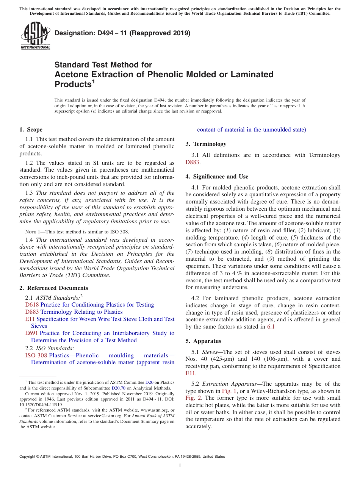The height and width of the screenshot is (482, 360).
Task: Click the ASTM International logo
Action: tap(35, 36)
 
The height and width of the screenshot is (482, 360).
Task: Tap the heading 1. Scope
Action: tap(31, 130)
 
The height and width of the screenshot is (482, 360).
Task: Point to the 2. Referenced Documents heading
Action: tap(54, 288)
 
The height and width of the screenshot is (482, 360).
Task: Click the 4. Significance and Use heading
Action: tap(217, 177)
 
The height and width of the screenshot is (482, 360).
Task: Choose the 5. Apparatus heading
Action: tap(203, 341)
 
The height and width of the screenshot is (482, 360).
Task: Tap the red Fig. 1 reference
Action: tap(230, 391)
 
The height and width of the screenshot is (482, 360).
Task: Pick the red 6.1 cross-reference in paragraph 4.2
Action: tap(271, 327)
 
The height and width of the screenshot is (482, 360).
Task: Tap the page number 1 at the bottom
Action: tap(180, 466)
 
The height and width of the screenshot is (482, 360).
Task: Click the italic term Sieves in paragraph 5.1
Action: tap(211, 352)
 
